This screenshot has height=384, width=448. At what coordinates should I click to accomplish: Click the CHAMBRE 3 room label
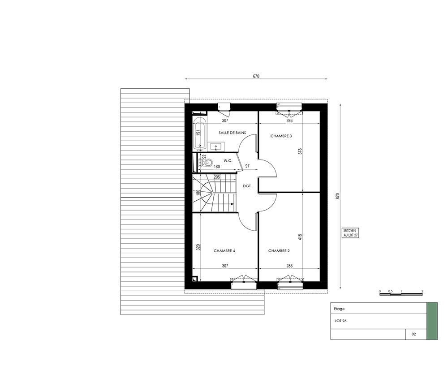click(x=281, y=136)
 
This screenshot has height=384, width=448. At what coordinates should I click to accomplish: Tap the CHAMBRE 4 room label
click(x=224, y=251)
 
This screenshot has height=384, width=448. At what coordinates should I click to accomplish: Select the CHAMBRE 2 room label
click(x=279, y=251)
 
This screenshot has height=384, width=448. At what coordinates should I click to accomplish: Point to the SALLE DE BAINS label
click(x=232, y=133)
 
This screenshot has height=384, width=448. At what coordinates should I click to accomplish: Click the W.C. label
click(x=228, y=160)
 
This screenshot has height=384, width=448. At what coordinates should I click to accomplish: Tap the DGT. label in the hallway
click(x=247, y=186)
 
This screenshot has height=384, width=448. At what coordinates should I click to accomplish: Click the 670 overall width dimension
click(x=256, y=76)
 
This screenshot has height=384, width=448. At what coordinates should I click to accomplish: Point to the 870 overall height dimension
click(x=337, y=196)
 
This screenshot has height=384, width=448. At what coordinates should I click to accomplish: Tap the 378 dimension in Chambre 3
click(x=300, y=151)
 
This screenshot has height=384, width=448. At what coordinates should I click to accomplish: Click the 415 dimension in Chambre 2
click(x=300, y=237)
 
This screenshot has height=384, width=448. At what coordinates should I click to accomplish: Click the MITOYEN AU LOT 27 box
click(x=351, y=233)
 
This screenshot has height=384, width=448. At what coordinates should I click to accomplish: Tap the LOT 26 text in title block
click(x=340, y=321)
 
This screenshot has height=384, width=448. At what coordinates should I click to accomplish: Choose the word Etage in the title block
click(x=339, y=309)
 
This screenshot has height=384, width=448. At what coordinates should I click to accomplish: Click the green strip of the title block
click(x=432, y=321)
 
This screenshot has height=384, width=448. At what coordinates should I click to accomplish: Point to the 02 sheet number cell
click(x=414, y=334)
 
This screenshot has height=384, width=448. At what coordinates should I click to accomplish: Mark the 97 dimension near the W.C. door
click(x=247, y=166)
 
